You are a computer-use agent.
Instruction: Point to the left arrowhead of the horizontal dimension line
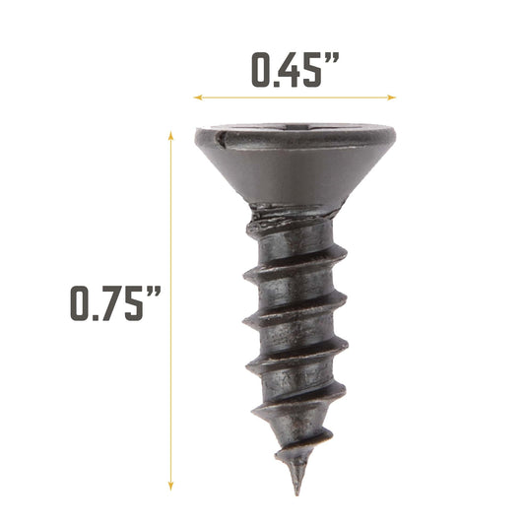(197, 98)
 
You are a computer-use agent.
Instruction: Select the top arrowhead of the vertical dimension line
(171, 137)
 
